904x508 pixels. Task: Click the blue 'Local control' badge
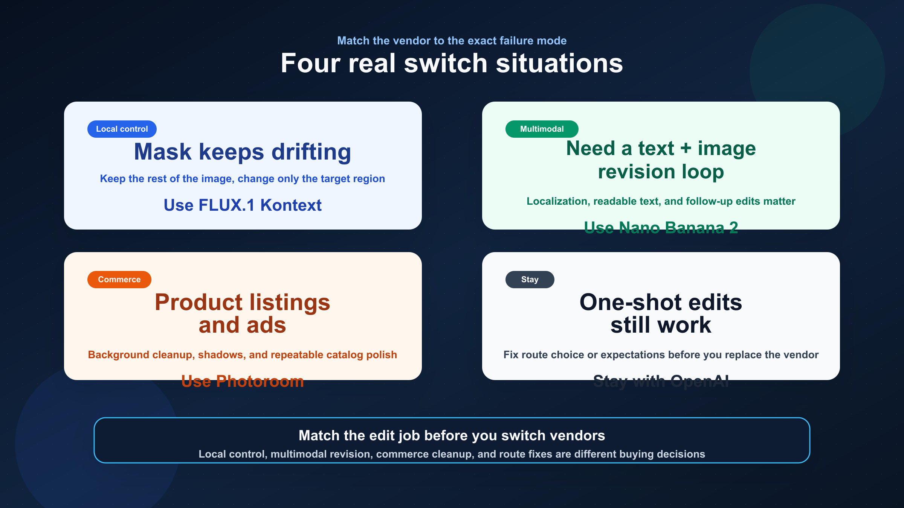point(122,129)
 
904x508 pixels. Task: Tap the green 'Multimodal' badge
point(542,129)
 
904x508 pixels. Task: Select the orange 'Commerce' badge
point(119,280)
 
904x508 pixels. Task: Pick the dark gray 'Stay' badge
point(530,280)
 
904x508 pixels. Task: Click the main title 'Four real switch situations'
point(452,63)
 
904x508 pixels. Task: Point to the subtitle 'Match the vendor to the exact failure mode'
point(452,41)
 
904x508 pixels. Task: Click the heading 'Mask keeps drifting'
point(243,152)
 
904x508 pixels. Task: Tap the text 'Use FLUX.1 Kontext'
point(243,205)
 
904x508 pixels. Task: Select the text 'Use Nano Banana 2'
point(661,228)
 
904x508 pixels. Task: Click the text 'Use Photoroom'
point(243,381)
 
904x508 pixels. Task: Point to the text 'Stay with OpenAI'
point(661,381)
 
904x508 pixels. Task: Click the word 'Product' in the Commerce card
point(199,302)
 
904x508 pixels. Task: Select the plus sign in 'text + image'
point(686,148)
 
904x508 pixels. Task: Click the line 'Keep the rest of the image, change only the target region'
point(243,179)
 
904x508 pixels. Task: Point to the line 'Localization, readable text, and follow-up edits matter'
point(661,201)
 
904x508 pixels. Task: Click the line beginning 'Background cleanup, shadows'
point(243,355)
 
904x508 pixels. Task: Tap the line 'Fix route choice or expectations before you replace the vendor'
point(661,355)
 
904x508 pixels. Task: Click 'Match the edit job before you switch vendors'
point(452,435)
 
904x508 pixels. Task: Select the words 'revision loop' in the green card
point(661,172)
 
